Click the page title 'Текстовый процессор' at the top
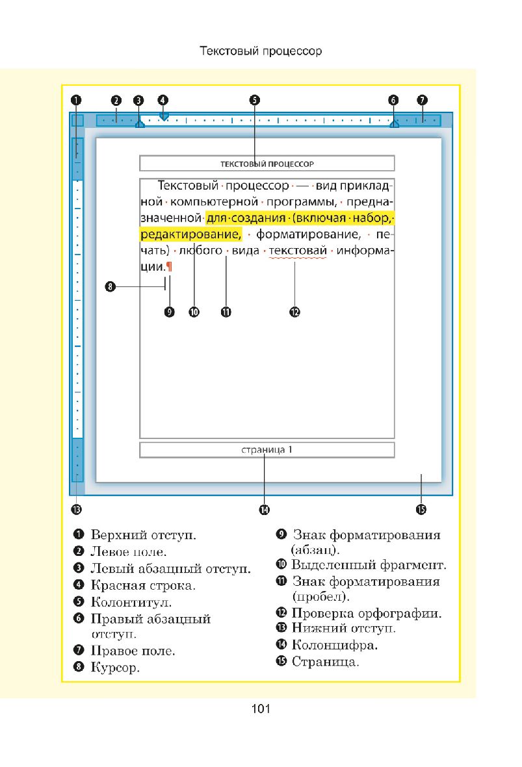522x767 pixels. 261,51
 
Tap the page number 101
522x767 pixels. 261,709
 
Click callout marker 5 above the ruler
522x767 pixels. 254,100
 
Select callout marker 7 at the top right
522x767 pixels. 422,100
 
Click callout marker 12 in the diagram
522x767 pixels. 294,312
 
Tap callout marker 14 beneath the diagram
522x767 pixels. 264,510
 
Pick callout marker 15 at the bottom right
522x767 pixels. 421,510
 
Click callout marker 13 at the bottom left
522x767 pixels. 77,509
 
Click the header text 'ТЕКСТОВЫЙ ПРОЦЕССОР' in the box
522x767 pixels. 267,164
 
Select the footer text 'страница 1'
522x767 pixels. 267,449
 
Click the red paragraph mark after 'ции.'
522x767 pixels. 169,266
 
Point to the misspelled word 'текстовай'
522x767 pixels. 297,251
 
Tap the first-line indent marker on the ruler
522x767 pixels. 164,116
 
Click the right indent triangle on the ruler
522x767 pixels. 394,123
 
